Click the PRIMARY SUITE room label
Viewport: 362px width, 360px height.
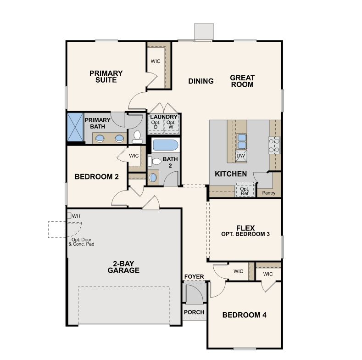[106, 77]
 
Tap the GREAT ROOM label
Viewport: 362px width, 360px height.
[242, 81]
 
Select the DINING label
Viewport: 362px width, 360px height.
[201, 81]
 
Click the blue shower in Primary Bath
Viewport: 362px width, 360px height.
[75, 127]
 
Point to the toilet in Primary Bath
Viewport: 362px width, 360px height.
[137, 137]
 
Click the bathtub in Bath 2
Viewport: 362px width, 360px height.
[165, 145]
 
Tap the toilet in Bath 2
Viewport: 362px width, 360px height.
[155, 161]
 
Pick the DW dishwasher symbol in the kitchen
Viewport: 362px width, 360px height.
[241, 156]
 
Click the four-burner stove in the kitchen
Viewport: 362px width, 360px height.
[274, 146]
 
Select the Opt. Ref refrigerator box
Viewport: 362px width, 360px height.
[245, 190]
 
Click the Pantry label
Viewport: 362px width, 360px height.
[269, 193]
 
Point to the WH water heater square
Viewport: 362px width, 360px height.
[69, 215]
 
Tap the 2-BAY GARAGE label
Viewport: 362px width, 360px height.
[123, 267]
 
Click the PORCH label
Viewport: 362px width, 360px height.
[194, 312]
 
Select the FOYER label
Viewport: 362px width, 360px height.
[194, 276]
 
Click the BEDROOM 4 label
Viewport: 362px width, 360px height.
[244, 315]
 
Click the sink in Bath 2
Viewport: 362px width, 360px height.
[153, 177]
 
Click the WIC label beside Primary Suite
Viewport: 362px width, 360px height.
[156, 61]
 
